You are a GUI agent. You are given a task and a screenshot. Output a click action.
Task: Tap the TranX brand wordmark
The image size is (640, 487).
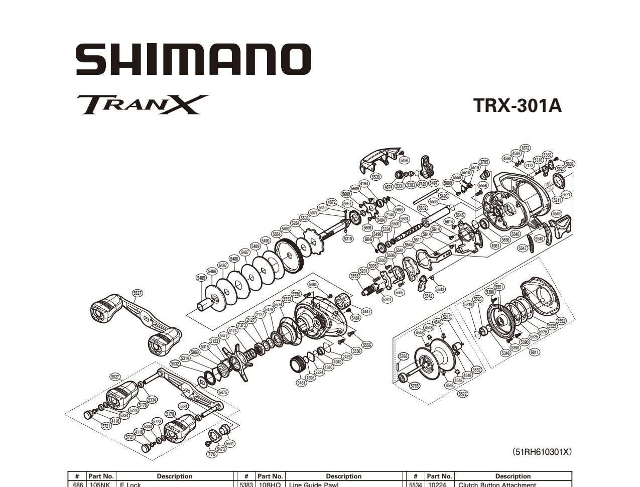(x=142, y=104)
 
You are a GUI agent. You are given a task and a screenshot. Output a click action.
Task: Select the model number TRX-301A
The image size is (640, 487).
(x=517, y=106)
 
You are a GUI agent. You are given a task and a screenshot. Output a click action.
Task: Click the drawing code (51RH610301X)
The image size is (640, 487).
(x=542, y=452)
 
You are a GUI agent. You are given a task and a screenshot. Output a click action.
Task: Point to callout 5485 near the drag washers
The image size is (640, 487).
(x=201, y=277)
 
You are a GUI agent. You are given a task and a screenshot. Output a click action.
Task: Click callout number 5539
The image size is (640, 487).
(x=375, y=177)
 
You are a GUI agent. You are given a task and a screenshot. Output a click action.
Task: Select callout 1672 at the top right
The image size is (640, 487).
(x=525, y=148)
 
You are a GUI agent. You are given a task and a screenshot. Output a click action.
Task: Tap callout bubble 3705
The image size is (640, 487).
(x=484, y=162)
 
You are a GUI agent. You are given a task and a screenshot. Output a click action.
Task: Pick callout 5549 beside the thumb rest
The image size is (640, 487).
(x=556, y=213)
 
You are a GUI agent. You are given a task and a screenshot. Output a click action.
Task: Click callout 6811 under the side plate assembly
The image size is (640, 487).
(x=535, y=352)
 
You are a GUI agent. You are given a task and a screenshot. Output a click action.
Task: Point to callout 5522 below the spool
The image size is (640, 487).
(x=463, y=394)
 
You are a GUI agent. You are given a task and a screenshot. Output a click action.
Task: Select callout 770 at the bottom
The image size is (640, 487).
(x=212, y=454)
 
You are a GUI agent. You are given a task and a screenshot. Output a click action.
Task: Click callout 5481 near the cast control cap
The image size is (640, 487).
(x=301, y=383)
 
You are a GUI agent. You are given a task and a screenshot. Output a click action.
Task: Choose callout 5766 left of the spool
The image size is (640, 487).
(x=403, y=356)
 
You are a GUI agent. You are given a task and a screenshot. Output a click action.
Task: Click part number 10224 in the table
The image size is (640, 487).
(x=439, y=484)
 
